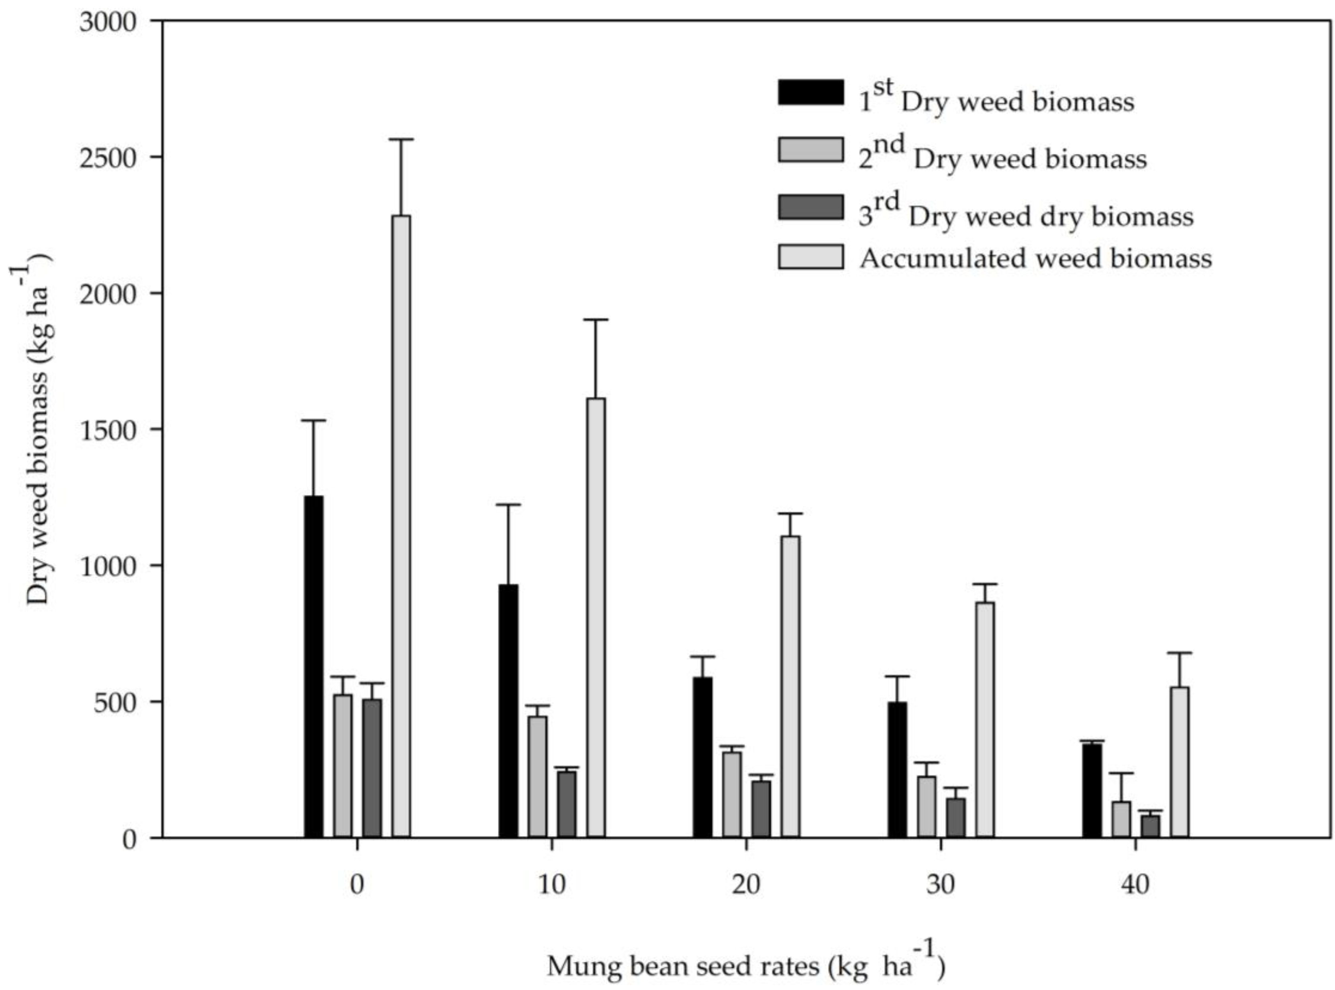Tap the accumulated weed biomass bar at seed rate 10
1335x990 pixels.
(x=596, y=617)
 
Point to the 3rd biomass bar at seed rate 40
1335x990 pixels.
(x=1150, y=826)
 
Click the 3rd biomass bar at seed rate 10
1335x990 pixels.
(x=567, y=803)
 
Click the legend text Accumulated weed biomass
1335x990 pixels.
(x=1035, y=258)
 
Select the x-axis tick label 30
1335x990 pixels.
(x=940, y=884)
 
